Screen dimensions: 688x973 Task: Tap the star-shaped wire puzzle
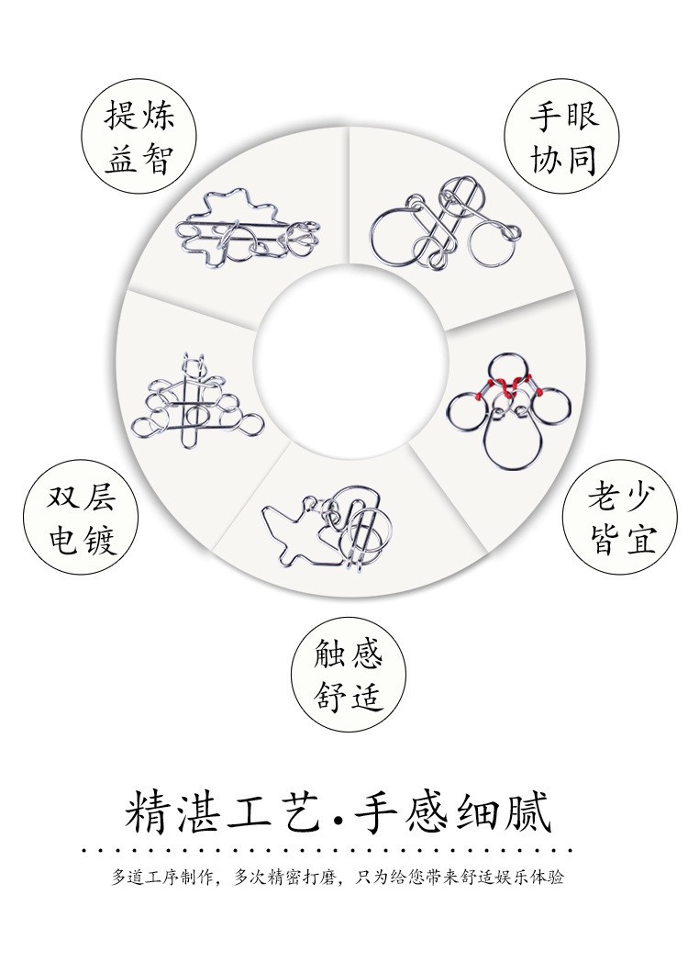tap(248, 229)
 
